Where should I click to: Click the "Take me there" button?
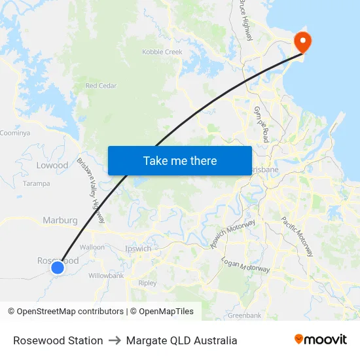pyautogui.click(x=180, y=160)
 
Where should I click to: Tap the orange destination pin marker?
pyautogui.click(x=303, y=41)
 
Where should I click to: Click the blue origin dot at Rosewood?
pyautogui.click(x=58, y=267)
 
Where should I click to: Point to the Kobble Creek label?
pyautogui.click(x=162, y=52)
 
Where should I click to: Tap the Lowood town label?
pyautogui.click(x=52, y=166)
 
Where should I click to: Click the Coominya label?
pyautogui.click(x=15, y=133)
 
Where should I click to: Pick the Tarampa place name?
pyautogui.click(x=37, y=184)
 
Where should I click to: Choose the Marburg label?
pyautogui.click(x=60, y=221)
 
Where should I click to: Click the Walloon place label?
pyautogui.click(x=92, y=247)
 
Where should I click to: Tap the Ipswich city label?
pyautogui.click(x=138, y=249)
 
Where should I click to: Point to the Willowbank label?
pyautogui.click(x=106, y=276)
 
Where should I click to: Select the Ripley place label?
pyautogui.click(x=147, y=283)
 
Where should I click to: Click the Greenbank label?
pyautogui.click(x=244, y=315)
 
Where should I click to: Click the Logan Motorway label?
pyautogui.click(x=245, y=265)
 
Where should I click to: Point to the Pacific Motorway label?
pyautogui.click(x=298, y=236)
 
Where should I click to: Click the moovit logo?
pyautogui.click(x=321, y=340)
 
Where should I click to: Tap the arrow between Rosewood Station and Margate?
pyautogui.click(x=115, y=340)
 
